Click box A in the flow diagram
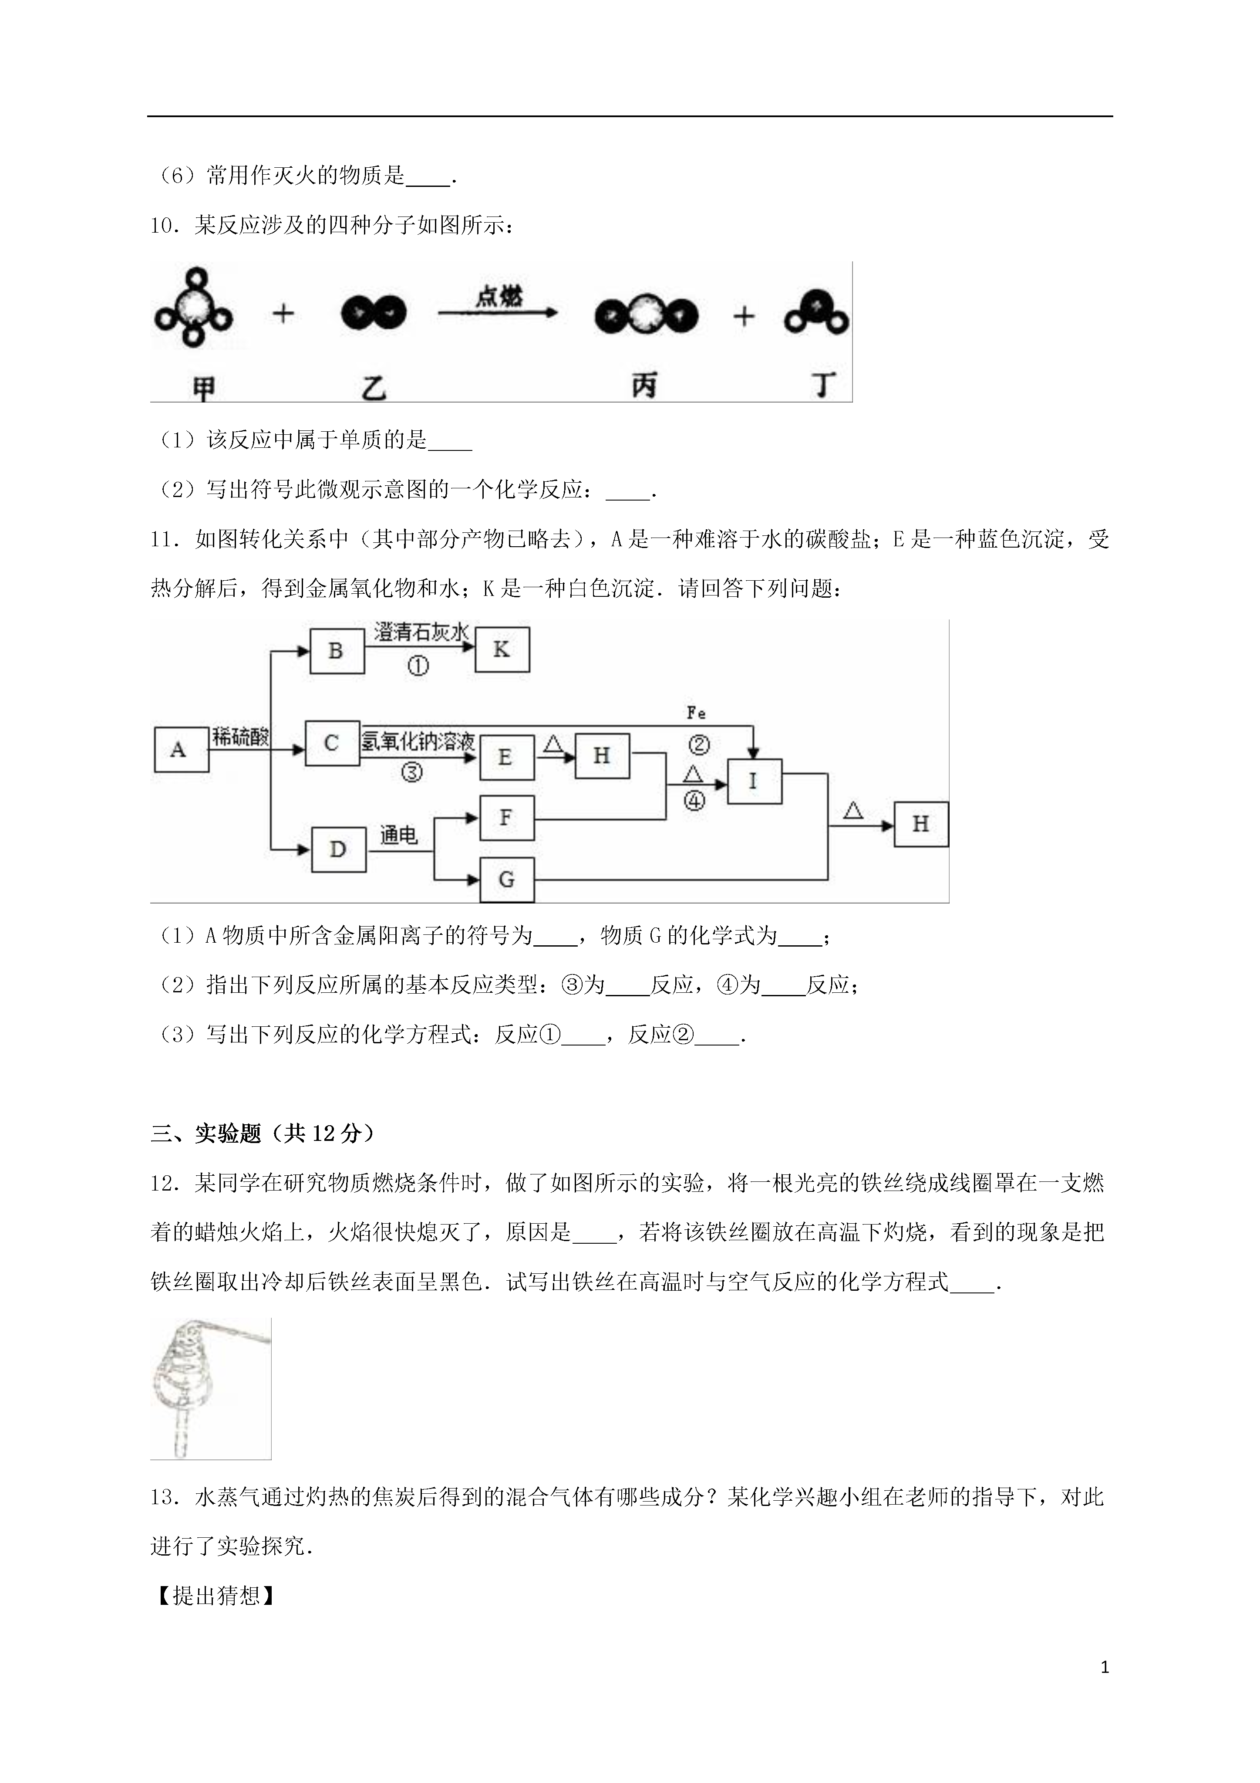coord(182,749)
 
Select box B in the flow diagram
coord(337,651)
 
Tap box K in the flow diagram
coord(502,649)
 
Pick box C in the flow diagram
coord(332,743)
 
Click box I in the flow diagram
coord(754,781)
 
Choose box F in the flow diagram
coord(507,818)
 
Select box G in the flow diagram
coord(507,880)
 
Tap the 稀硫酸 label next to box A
coord(241,738)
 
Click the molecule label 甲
coord(203,388)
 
